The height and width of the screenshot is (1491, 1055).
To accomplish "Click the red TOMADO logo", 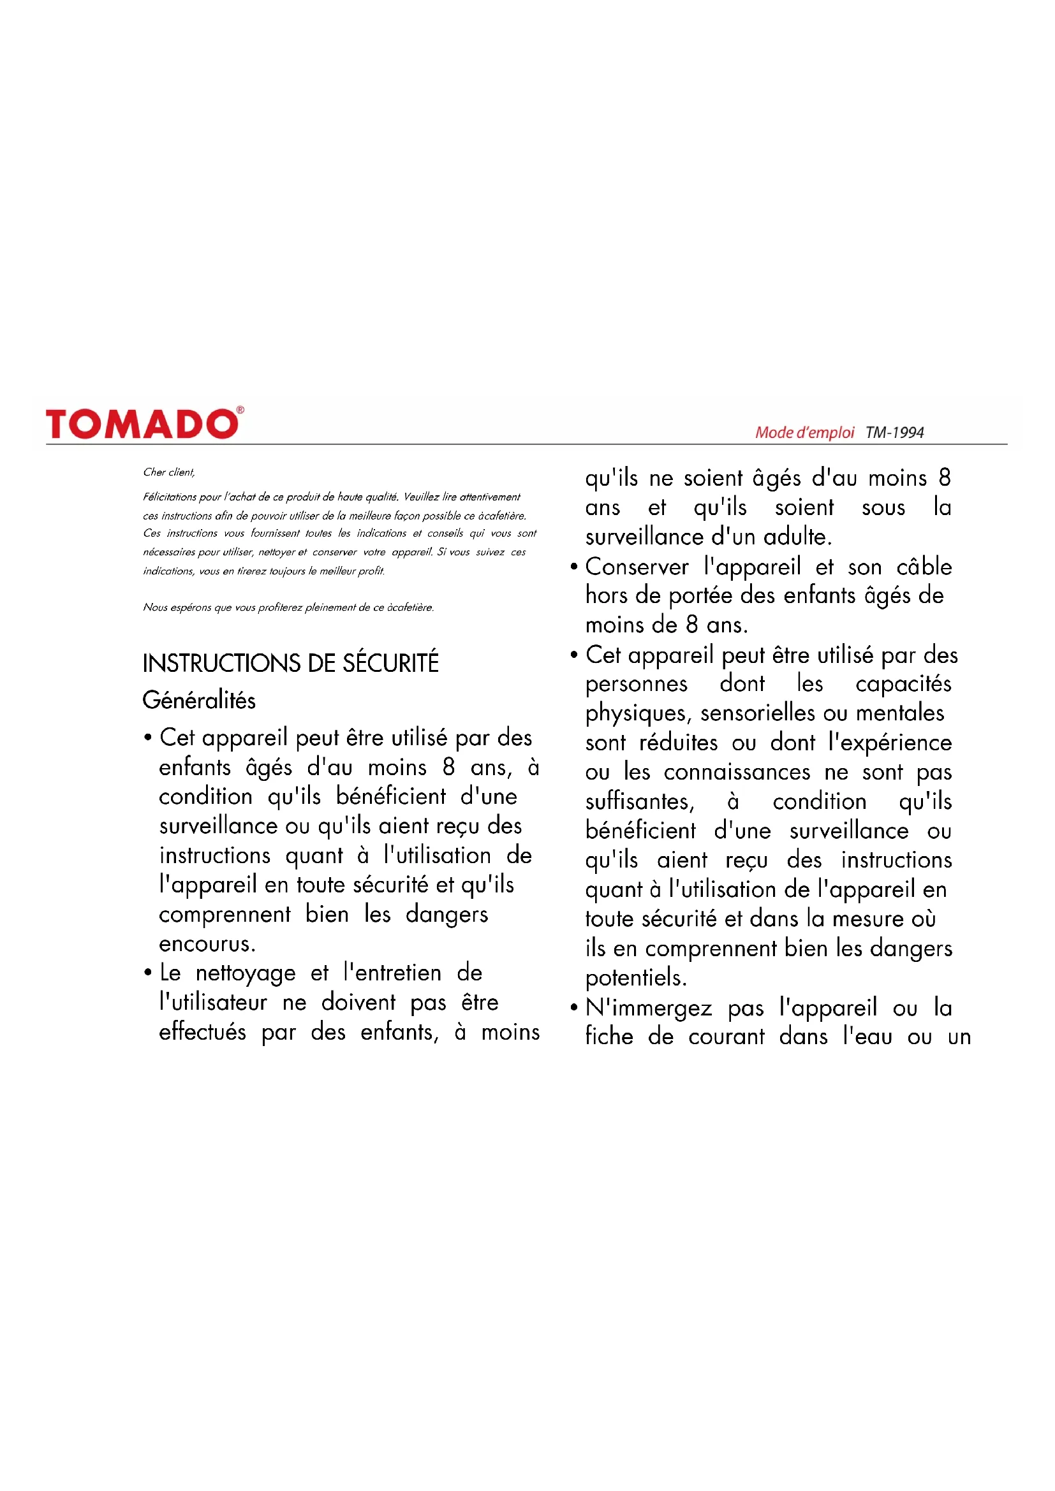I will coord(142,424).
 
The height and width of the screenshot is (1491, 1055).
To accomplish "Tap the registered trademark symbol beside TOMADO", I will coord(240,410).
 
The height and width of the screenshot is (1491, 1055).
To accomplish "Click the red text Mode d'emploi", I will coord(804,432).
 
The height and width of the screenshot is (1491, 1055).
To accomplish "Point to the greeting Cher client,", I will coord(169,472).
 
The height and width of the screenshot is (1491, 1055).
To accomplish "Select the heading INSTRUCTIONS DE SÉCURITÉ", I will coord(290,663).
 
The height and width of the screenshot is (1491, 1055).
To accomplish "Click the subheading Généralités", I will coord(199,700).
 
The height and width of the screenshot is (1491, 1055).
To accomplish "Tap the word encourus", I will coord(207,943).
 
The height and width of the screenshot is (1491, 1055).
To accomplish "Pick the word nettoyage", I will coord(245,973).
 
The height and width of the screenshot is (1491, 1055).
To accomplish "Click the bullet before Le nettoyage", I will coord(148,973).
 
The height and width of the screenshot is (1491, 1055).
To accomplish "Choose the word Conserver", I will coord(636,567).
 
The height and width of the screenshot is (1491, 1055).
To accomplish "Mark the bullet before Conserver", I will coord(573,567).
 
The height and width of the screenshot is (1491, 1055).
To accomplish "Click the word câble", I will coord(924,567).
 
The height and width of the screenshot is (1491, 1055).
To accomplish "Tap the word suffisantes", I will coord(639,801).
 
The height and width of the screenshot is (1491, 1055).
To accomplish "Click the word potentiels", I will coord(635,978).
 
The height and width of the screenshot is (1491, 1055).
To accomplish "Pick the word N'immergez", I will coord(648,1008).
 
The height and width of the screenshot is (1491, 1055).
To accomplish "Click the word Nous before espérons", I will coord(155,607).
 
